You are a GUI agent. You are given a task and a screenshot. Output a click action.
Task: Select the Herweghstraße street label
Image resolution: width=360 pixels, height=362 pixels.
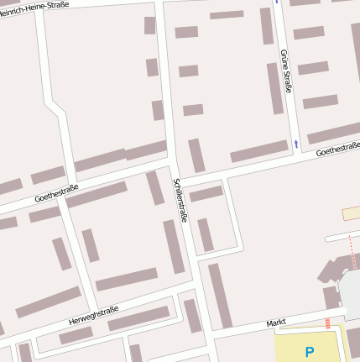(94, 316)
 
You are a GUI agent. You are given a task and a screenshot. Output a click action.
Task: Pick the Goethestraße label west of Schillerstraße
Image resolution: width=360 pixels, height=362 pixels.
(56, 193)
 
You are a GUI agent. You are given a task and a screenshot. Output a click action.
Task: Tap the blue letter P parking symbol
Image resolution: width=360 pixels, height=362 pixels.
(309, 352)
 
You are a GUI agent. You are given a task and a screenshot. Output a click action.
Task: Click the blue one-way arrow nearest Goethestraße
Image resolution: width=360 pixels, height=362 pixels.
(295, 144)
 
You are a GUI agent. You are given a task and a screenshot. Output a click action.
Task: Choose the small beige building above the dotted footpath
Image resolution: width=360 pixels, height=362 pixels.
(351, 213)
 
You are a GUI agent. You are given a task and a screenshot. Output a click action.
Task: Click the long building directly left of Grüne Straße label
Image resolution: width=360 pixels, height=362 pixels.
(274, 88)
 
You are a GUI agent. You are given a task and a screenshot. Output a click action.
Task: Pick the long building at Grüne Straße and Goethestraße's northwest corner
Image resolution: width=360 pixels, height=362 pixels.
(259, 151)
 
